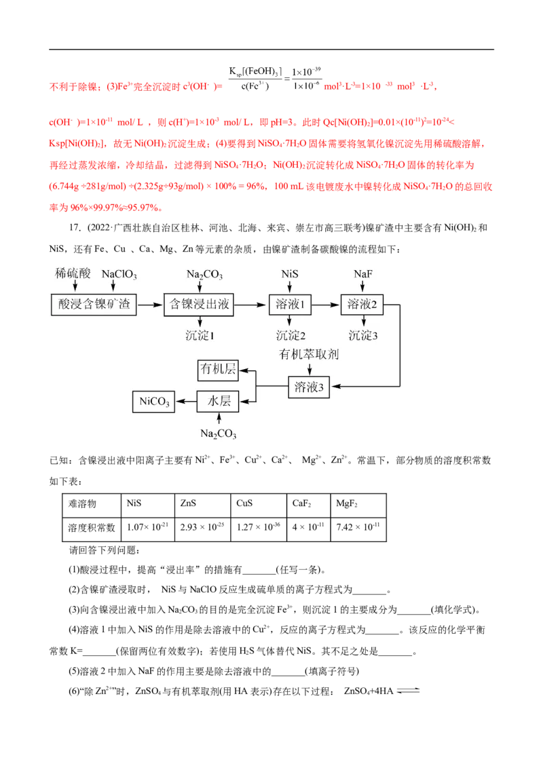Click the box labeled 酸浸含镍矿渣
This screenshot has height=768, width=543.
click(x=94, y=305)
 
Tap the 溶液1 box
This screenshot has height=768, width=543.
click(x=289, y=305)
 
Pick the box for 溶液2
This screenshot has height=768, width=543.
click(x=362, y=305)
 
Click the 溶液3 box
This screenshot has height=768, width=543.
click(x=309, y=387)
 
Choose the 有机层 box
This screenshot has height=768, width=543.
click(x=218, y=370)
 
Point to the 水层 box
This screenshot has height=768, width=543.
click(x=218, y=402)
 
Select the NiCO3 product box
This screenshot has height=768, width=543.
click(x=153, y=402)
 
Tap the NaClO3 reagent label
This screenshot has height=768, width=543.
click(x=119, y=275)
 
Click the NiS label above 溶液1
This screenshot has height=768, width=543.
click(x=290, y=275)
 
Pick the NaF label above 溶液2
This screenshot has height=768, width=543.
click(x=362, y=275)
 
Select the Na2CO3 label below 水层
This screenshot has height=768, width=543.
click(x=218, y=434)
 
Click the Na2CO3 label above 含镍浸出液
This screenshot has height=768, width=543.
click(x=204, y=275)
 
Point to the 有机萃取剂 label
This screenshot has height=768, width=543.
click(x=309, y=355)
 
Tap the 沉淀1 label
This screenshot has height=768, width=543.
click(x=200, y=335)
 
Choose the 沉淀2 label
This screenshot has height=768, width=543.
click(x=291, y=335)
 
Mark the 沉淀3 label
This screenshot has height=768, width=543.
click(x=363, y=335)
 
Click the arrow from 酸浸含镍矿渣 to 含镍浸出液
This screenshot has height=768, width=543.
click(x=150, y=306)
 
